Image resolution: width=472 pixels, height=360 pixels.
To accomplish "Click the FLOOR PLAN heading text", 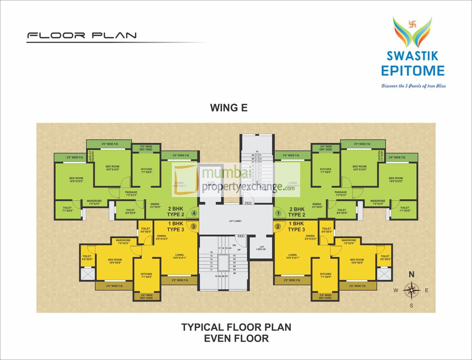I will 82,35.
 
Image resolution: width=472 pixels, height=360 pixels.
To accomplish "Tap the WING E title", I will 228,108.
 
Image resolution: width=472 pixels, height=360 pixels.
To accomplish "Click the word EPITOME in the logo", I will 413,71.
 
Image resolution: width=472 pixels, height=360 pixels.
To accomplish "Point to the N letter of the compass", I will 411,274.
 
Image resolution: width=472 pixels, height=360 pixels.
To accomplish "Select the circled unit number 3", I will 194,226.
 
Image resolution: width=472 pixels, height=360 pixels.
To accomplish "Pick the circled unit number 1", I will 278,214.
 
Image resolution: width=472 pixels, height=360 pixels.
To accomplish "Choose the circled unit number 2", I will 278,226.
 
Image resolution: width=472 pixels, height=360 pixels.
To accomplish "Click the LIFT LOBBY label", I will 236,221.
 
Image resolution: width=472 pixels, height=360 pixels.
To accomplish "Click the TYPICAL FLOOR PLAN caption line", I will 236,327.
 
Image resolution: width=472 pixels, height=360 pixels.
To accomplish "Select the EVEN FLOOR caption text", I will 236,338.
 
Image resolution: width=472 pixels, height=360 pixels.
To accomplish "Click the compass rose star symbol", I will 412,290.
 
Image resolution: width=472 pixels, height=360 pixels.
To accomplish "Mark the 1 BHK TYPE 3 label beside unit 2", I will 296,226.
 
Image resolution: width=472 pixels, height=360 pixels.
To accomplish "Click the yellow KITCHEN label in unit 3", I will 146,275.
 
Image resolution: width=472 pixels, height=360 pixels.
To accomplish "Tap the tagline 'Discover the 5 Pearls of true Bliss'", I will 413,86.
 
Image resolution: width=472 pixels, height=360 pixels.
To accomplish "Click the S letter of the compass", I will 411,306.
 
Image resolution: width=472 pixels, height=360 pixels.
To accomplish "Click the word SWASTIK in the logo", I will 413,56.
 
